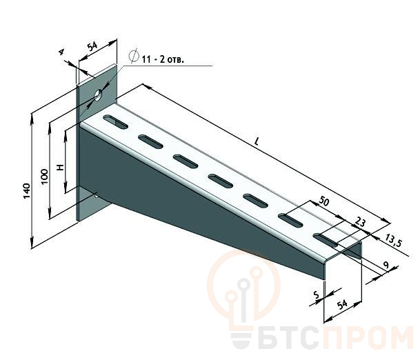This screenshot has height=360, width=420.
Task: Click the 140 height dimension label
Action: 27,191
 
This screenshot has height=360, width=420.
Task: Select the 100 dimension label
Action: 45,177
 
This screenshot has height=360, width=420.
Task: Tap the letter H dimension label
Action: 61,168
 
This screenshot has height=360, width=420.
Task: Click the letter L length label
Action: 257,141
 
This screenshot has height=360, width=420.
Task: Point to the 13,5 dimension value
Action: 394,240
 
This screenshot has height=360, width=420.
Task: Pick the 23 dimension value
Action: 360,222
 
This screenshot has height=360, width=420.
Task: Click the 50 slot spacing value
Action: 323,201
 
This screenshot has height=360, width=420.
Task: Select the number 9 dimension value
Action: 386,266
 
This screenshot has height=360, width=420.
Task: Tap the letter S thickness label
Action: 317,295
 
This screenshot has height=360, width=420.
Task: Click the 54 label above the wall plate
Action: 92,46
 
